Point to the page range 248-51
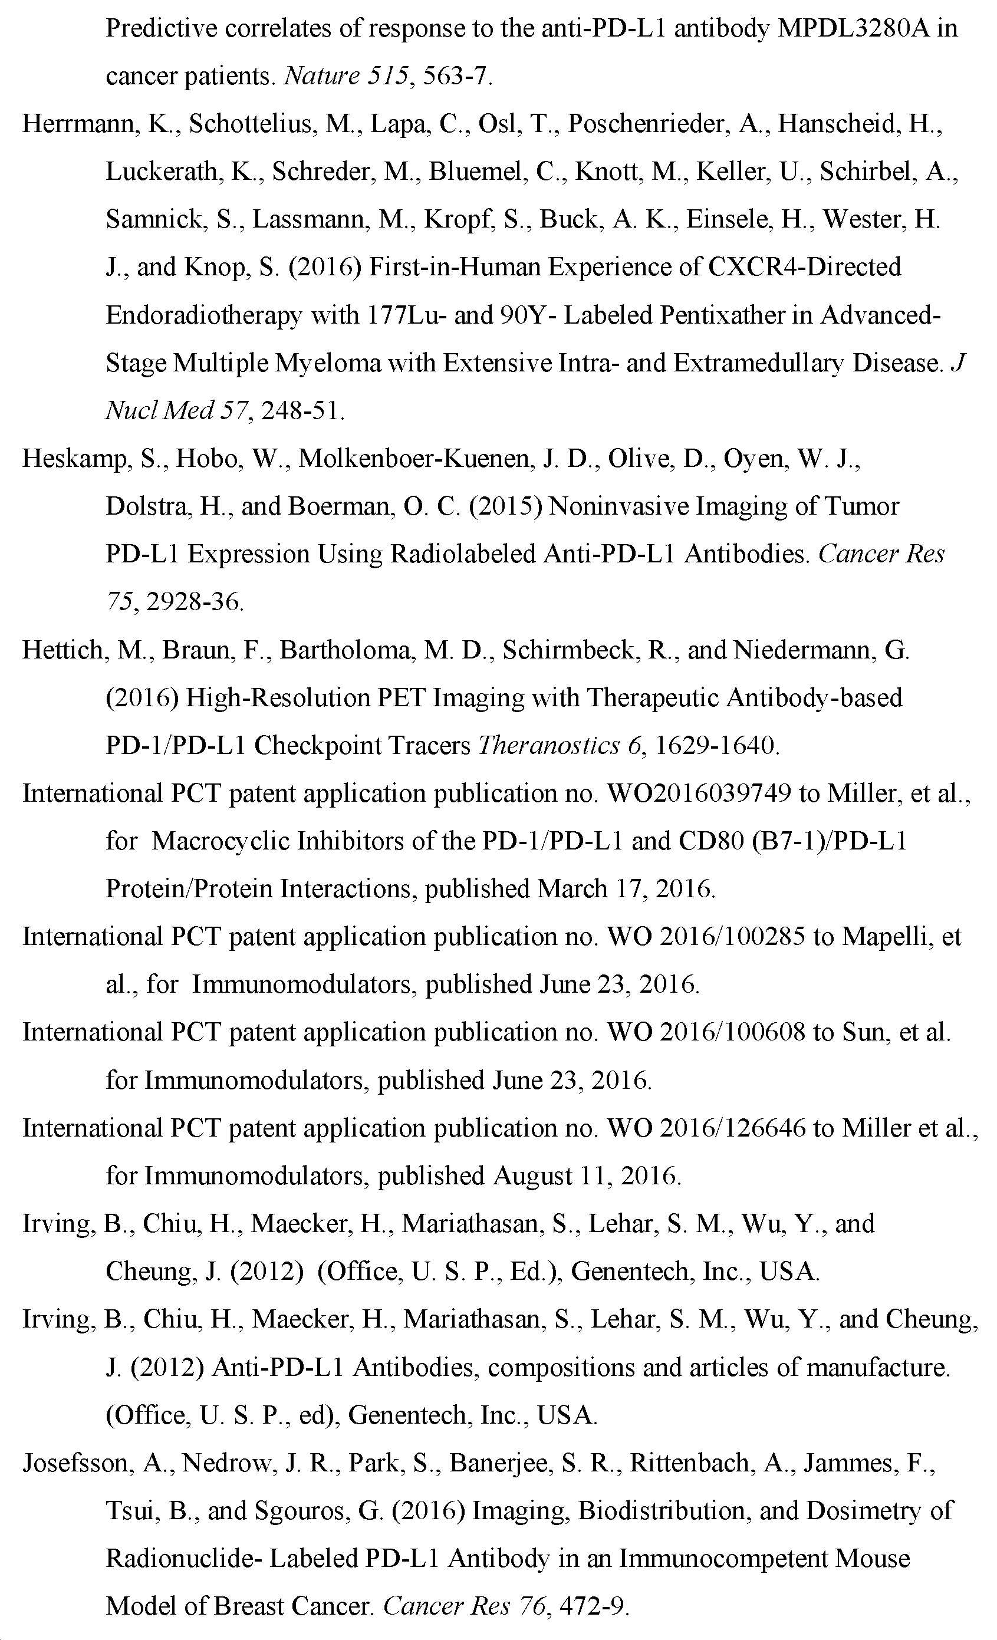click(303, 411)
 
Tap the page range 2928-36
click(195, 602)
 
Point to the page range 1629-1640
click(717, 746)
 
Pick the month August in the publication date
click(532, 1176)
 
